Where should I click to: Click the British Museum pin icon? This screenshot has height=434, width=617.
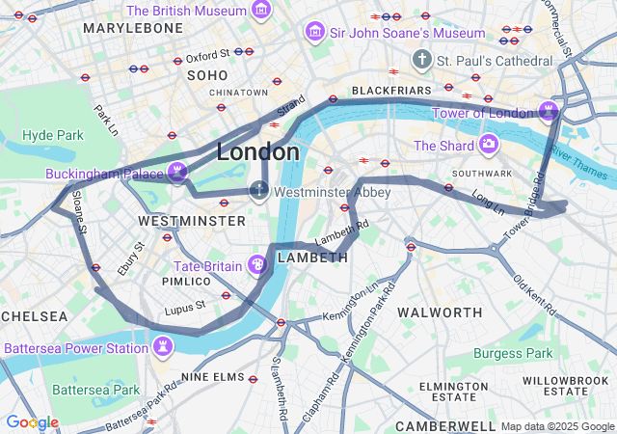[x=260, y=11]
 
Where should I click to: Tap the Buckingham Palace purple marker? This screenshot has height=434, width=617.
[x=176, y=173]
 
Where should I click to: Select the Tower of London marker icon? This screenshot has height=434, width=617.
[x=549, y=111]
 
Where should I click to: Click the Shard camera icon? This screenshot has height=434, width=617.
[x=489, y=146]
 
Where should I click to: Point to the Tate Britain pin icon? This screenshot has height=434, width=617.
[x=257, y=264]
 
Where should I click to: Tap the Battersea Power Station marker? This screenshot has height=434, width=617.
[x=162, y=345]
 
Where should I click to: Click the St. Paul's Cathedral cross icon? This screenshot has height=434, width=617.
[x=421, y=61]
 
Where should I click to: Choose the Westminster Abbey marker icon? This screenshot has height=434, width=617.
[x=259, y=190]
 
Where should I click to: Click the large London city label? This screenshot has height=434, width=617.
[x=257, y=152]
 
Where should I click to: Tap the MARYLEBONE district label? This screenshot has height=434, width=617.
[x=133, y=28]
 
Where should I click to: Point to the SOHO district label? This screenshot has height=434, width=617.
[x=207, y=74]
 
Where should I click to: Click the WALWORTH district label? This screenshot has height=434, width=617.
[x=440, y=312]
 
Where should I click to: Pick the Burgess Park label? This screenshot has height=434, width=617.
[x=513, y=353]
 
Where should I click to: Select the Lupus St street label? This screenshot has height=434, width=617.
[x=185, y=307]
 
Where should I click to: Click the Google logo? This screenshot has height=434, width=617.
[x=32, y=422]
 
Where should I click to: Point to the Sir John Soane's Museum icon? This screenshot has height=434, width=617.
[x=314, y=33]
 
